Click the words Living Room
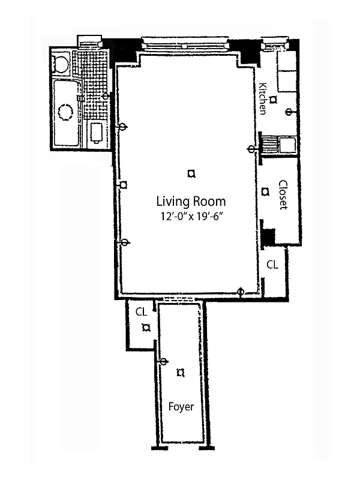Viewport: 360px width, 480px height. click(191, 201)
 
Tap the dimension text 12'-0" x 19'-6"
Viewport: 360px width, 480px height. click(191, 218)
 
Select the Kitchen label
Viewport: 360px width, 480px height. click(263, 98)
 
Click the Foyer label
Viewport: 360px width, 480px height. click(181, 407)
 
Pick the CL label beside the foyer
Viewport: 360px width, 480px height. click(142, 311)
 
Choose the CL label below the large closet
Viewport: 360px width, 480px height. click(272, 264)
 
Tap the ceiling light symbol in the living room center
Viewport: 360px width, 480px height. click(191, 174)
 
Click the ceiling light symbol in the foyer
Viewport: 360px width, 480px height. click(180, 373)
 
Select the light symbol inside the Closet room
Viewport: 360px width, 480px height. click(265, 192)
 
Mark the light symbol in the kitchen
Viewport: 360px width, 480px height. click(272, 100)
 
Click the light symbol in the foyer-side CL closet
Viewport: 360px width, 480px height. click(145, 328)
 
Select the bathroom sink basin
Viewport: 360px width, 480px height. click(95, 133)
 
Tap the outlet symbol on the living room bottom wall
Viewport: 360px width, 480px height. click(241, 293)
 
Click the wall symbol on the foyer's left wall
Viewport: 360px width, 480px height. click(161, 361)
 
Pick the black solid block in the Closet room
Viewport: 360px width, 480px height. click(268, 237)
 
